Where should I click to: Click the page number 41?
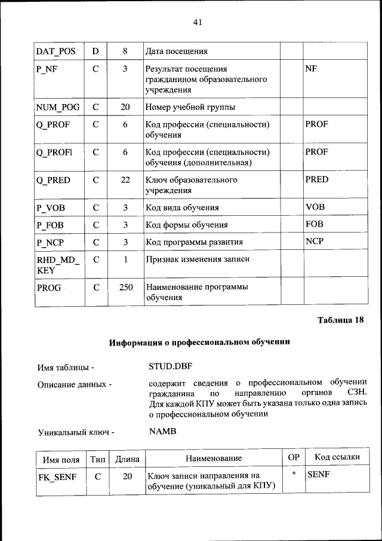[198, 22]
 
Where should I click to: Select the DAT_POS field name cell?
[56, 51]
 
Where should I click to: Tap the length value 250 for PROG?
[125, 288]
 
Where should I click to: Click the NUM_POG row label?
[58, 107]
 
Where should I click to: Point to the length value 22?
[125, 179]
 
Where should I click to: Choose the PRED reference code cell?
[316, 179]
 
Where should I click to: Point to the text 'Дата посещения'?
[177, 51]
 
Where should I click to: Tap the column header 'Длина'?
[127, 459]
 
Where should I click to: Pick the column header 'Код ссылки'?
[337, 458]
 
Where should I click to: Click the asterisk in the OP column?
[293, 475]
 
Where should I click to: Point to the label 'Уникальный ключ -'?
[75, 432]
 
